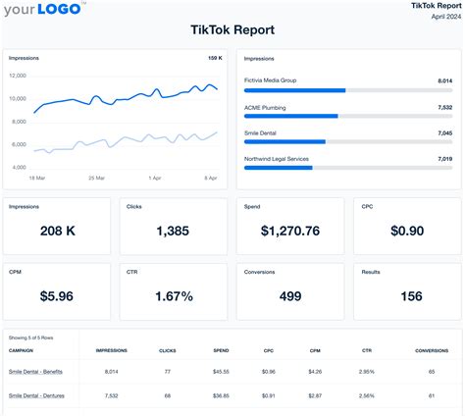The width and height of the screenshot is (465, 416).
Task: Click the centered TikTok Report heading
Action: [x=232, y=29]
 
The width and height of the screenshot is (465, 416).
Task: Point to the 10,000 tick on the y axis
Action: [x=19, y=98]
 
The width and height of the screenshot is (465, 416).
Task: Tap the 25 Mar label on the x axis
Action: [x=96, y=178]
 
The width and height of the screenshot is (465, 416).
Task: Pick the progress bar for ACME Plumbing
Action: [x=347, y=116]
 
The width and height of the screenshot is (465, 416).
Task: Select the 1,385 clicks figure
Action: [x=173, y=231]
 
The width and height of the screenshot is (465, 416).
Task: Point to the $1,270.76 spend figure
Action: [x=289, y=231]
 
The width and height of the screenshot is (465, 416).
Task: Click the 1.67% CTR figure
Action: [x=173, y=295]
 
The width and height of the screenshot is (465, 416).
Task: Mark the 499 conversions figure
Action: [x=289, y=295]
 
